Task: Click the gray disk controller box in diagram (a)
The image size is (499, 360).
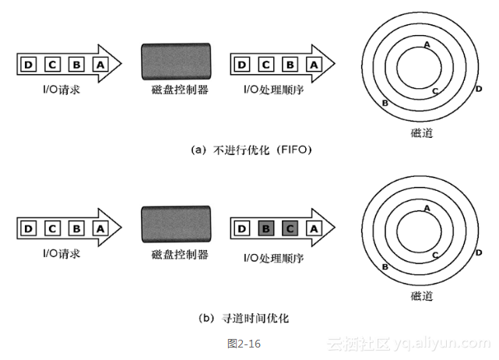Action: tap(175, 63)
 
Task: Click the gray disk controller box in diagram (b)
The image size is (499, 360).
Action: tap(175, 228)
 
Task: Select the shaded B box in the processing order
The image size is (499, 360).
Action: tap(265, 228)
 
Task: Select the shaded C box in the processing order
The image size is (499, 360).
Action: tap(289, 228)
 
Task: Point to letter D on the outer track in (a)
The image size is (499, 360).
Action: tap(478, 88)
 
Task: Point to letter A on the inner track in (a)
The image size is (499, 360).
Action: tap(427, 44)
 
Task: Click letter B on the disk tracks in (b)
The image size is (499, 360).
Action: tap(385, 267)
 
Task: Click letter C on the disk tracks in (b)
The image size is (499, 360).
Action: tap(435, 255)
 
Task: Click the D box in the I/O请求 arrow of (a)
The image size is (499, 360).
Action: tap(28, 65)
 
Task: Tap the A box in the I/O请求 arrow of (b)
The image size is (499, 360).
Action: tap(100, 228)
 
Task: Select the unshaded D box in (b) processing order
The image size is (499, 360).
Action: tap(241, 228)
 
